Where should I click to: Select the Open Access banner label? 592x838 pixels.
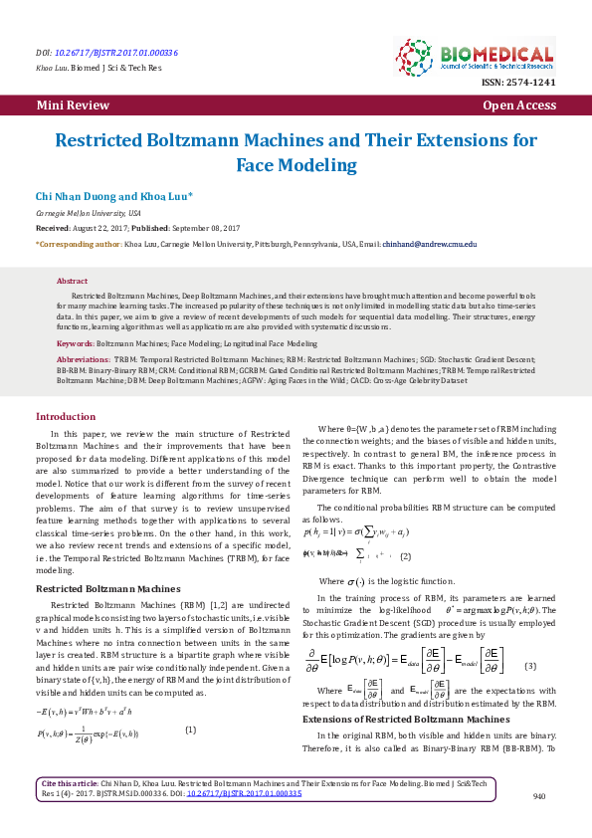[518, 105]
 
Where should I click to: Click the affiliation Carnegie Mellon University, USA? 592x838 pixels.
[89, 214]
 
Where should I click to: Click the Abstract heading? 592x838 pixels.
[72, 282]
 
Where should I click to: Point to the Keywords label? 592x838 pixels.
[76, 342]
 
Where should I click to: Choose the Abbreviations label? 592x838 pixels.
[84, 357]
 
